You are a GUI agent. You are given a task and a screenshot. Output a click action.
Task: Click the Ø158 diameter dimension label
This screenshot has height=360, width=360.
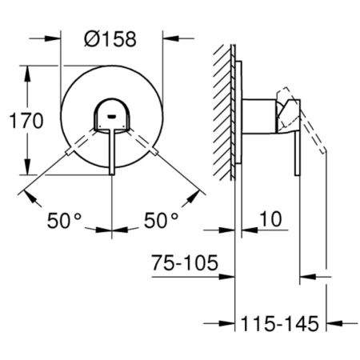tap(110, 39)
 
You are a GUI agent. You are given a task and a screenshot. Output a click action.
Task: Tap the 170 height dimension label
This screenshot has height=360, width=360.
tap(26, 121)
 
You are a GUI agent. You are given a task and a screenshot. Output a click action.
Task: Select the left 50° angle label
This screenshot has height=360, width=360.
tap(64, 221)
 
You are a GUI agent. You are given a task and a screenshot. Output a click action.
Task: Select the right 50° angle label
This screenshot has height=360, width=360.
tap(161, 221)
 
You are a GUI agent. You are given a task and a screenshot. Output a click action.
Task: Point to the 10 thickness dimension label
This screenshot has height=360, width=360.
tap(270, 219)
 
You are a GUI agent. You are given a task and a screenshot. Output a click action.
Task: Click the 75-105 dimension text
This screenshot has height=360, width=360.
tap(185, 262)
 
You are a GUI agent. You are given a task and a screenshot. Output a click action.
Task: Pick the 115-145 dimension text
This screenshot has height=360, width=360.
tap(280, 323)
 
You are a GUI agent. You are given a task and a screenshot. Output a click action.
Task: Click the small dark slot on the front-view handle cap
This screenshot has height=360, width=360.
tap(111, 116)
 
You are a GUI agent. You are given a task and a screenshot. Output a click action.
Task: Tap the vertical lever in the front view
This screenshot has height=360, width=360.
tap(112, 151)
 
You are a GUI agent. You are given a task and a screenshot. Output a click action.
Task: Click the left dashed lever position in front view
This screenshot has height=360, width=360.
tap(82, 142)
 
